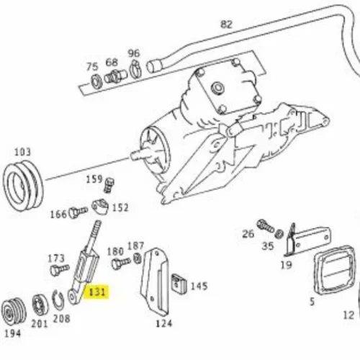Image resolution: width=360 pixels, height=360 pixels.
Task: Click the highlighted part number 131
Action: [97, 292]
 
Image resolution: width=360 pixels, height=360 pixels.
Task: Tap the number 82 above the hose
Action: [226, 24]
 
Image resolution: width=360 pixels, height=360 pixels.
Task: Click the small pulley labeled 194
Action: [14, 312]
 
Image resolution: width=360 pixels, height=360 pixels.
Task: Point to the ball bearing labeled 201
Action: [40, 305]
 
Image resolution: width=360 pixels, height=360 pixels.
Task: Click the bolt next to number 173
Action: [60, 270]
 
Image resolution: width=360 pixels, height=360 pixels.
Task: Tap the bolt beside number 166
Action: [78, 212]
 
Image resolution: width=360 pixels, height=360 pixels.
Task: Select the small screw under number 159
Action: [109, 185]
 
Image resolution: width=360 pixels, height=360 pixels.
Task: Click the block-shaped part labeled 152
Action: [100, 207]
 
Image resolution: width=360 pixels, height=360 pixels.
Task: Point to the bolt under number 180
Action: [121, 263]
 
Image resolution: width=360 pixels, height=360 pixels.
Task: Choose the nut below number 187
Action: [138, 258]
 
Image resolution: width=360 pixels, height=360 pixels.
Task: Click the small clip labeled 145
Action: [179, 284]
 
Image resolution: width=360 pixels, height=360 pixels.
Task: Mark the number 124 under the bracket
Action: [164, 323]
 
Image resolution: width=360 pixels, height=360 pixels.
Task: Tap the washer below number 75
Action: [96, 81]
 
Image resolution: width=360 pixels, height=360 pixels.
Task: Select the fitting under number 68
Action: [115, 76]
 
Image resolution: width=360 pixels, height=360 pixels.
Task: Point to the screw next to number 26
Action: [265, 226]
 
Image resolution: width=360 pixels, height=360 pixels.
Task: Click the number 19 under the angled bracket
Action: [286, 265]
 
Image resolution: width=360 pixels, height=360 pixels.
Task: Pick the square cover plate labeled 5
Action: [335, 270]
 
